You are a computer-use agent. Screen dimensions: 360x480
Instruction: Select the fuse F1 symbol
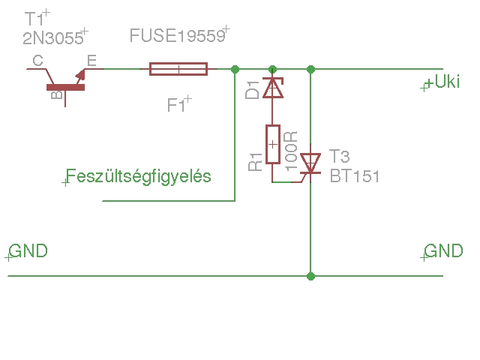178,70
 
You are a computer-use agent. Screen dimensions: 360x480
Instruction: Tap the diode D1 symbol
273,88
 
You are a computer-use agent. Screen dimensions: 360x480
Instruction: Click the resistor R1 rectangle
273,143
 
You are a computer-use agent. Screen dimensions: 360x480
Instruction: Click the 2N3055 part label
53,40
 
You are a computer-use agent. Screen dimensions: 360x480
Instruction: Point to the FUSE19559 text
177,35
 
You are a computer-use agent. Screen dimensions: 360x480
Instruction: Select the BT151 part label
355,178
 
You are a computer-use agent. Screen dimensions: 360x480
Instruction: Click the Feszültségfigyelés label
139,176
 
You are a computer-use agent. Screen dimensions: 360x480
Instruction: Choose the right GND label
443,250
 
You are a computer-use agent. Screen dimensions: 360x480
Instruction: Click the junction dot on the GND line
310,276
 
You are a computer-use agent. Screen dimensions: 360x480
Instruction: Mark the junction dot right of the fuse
235,70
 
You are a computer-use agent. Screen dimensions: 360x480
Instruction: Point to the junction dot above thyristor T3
310,70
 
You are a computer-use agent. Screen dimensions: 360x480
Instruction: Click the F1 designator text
176,106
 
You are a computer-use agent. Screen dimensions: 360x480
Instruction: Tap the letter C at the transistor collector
37,60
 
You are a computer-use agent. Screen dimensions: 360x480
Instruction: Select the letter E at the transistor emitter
91,60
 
